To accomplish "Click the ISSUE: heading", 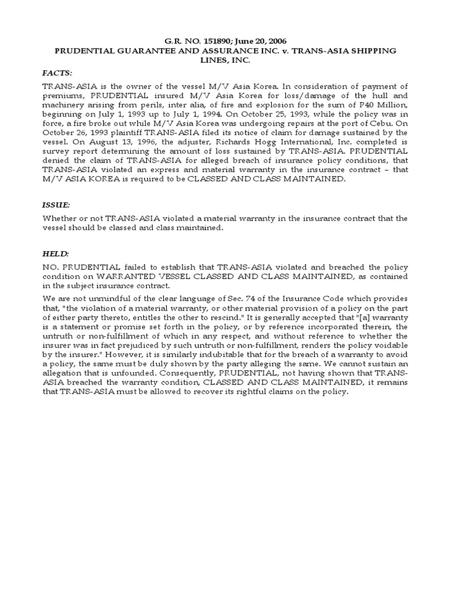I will coord(56,205).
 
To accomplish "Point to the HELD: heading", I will coord(55,254).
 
